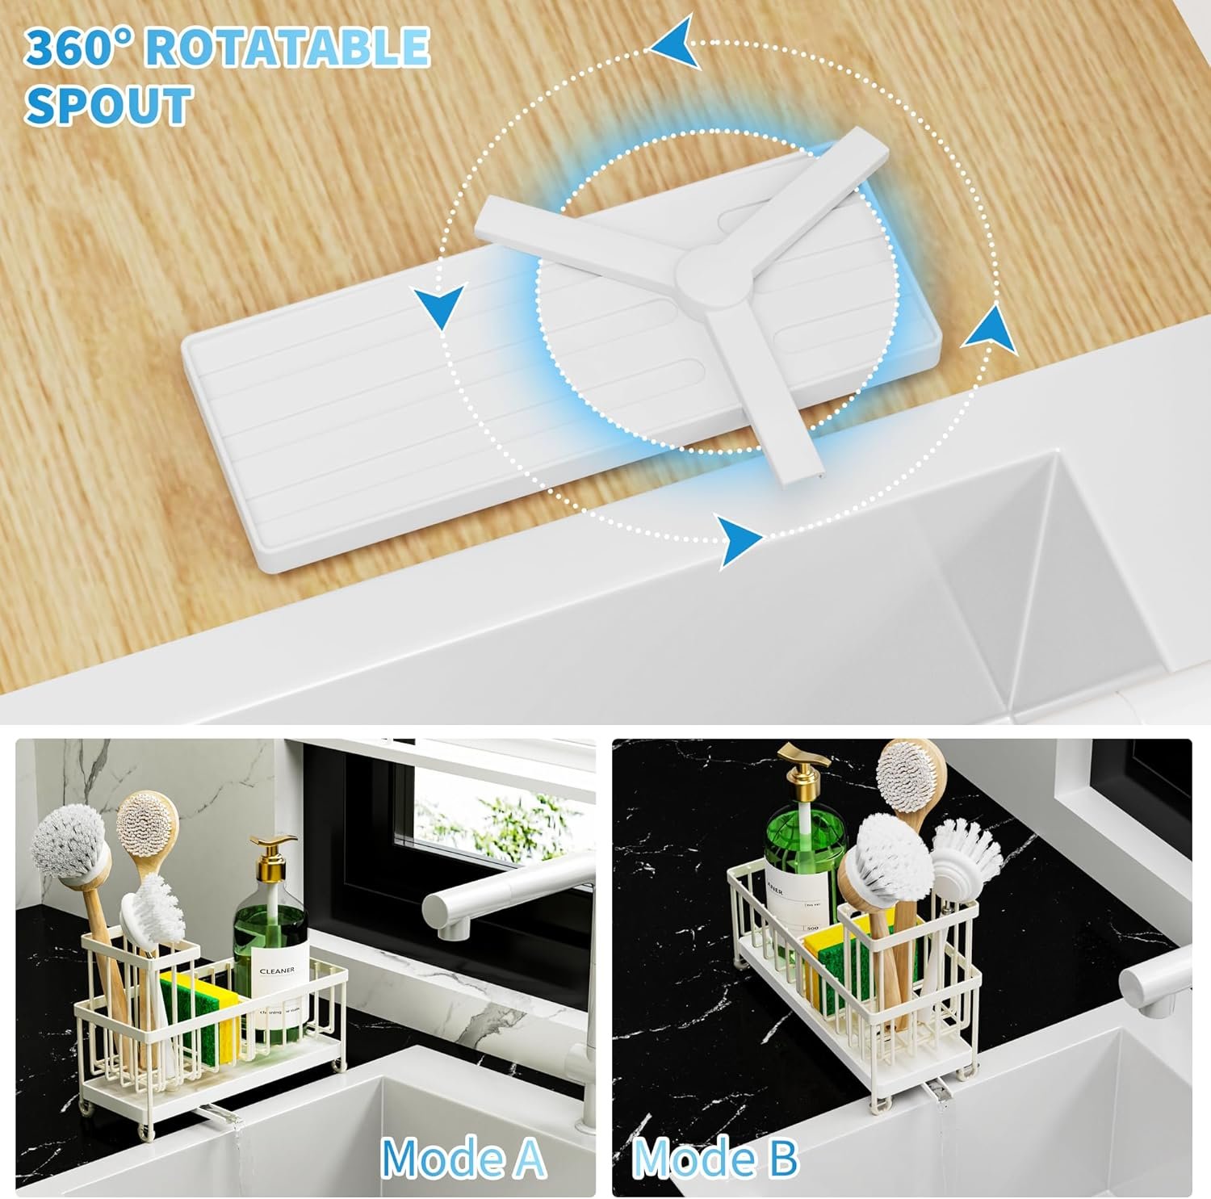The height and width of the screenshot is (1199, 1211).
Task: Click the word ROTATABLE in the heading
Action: point(287,47)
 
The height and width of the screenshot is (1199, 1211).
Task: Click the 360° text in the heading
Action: point(78,47)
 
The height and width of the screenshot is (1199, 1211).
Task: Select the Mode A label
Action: point(463,1158)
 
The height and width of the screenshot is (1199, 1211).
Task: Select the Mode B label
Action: point(715,1158)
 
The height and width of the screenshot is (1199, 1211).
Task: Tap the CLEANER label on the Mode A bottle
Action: point(276,970)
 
